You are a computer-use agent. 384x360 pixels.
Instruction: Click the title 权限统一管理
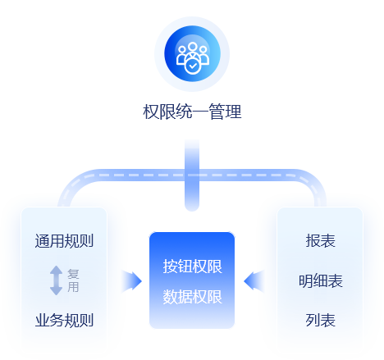coord(192,112)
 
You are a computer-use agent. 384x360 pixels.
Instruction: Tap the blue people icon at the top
coord(192,53)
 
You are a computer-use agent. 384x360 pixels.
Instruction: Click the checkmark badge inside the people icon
coord(193,66)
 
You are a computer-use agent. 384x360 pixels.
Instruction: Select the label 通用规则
coord(64,241)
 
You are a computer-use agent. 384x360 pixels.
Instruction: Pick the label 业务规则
coord(64,320)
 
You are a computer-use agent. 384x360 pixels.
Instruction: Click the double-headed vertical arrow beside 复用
coord(57,280)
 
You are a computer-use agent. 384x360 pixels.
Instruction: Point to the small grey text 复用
coord(73,280)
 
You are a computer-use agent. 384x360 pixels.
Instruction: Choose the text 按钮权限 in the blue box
coord(192,267)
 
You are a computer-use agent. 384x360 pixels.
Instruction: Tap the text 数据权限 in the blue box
coord(192,297)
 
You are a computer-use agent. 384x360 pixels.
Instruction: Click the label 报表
coord(320,241)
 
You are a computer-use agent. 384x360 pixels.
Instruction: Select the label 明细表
coord(320,280)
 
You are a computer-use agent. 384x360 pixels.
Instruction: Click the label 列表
coord(320,320)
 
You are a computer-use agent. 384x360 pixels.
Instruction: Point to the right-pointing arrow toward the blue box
coord(131,280)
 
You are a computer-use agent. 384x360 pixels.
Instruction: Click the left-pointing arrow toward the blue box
coord(254,280)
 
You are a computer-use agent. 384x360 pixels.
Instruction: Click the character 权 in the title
coord(151,112)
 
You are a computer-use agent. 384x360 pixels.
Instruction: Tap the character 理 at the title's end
coord(233,112)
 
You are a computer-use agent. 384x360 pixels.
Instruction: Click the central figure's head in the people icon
coord(193,46)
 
